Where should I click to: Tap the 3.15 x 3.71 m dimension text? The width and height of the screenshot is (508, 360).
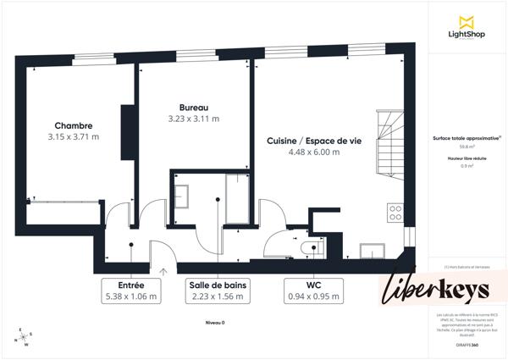pyautogui.click(x=74, y=136)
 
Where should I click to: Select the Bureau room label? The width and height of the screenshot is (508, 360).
pyautogui.click(x=194, y=107)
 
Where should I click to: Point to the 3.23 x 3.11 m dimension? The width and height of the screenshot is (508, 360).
pyautogui.click(x=194, y=119)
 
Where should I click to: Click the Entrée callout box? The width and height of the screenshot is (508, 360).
pyautogui.click(x=131, y=291)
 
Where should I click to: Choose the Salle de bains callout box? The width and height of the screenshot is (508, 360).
pyautogui.click(x=218, y=291)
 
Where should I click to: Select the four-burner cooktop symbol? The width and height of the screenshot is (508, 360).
pyautogui.click(x=395, y=212)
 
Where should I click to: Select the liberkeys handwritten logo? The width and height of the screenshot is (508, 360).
pyautogui.click(x=439, y=288)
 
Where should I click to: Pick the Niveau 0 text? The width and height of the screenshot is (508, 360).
pyautogui.click(x=217, y=323)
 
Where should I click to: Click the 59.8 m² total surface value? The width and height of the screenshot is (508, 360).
pyautogui.click(x=466, y=147)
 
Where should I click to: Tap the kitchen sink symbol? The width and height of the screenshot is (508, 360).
pyautogui.click(x=373, y=250)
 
